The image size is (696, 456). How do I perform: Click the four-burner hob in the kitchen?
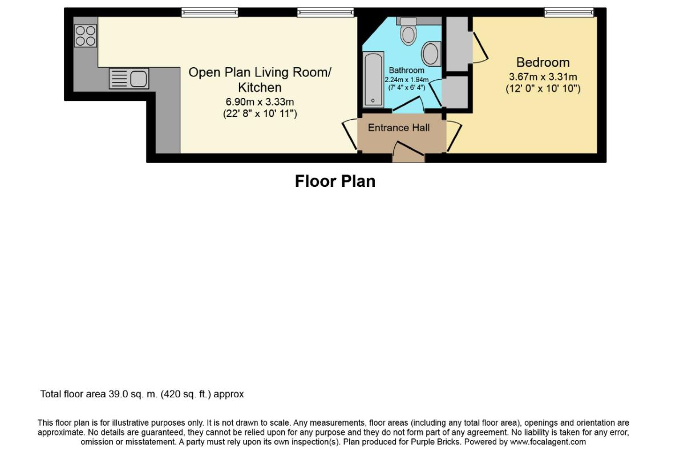click(86, 36)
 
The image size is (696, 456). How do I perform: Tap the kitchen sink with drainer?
click(129, 79)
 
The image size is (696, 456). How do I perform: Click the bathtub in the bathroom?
click(373, 80)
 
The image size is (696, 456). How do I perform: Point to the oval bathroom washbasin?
click(431, 54)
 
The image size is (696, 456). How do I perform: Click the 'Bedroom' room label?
click(543, 62)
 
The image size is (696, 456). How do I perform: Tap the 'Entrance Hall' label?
click(399, 128)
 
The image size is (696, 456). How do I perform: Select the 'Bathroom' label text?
click(406, 71)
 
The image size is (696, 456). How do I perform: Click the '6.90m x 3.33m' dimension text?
click(260, 102)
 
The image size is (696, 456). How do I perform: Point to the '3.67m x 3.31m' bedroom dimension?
click(543, 77)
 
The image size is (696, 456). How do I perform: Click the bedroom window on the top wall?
click(569, 13)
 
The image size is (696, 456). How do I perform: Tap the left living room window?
click(210, 13)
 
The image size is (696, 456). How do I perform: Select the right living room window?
click(325, 13)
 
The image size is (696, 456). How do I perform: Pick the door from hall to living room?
click(350, 135)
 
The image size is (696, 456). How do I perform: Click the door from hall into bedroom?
click(454, 136)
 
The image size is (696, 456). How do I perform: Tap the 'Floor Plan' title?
click(335, 181)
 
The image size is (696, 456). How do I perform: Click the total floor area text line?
click(142, 394)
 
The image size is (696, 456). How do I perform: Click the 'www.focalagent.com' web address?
click(548, 442)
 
